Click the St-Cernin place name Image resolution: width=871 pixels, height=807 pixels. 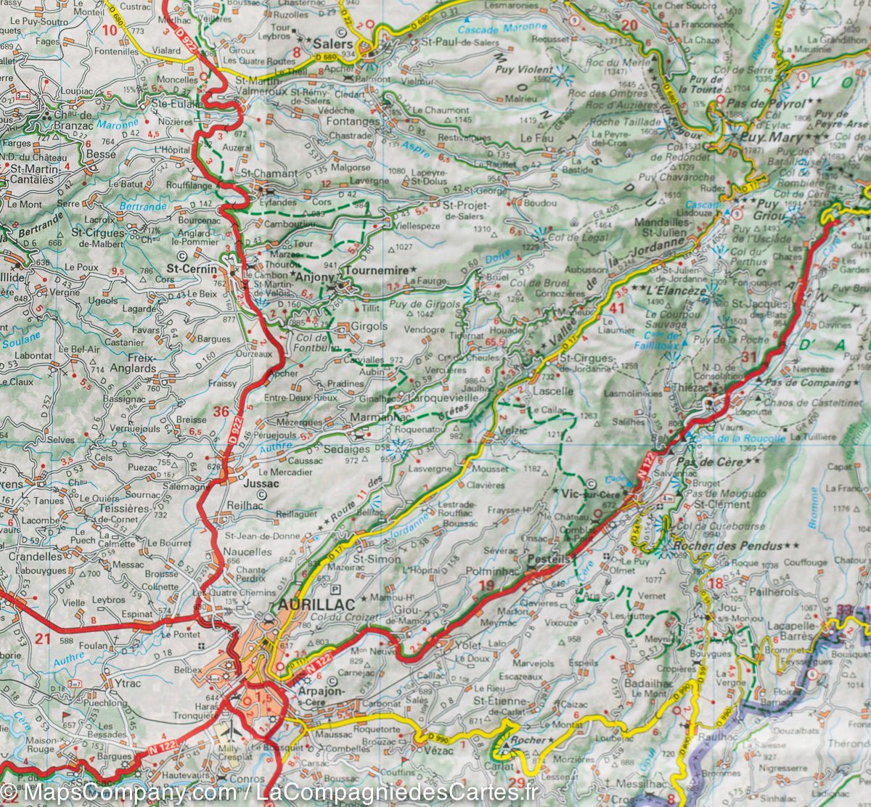(192, 269)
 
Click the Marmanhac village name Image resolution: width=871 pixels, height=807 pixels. (372, 418)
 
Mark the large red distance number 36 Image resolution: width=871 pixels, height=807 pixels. (221, 412)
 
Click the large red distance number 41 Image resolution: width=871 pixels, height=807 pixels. (617, 308)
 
